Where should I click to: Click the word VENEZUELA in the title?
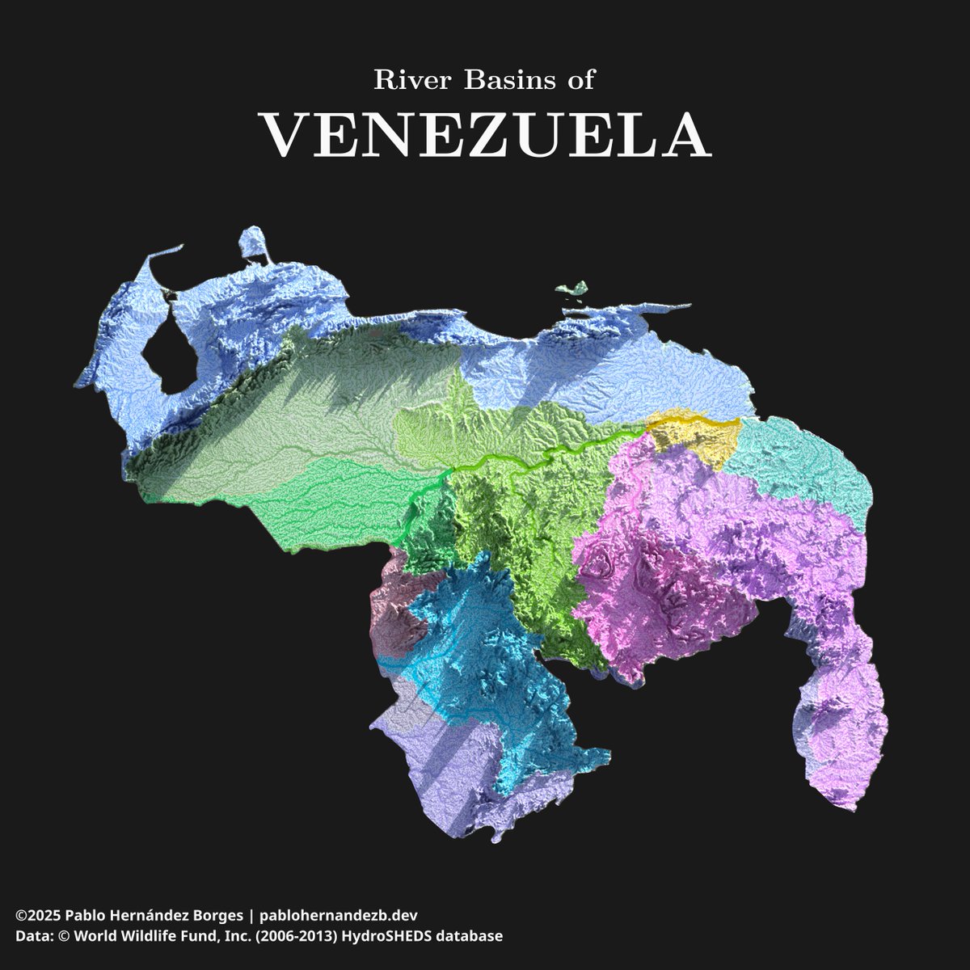coord(485,135)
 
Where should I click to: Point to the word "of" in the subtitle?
coord(583,80)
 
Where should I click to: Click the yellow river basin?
coord(695,436)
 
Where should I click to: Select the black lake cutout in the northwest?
coord(166,348)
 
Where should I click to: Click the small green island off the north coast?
coord(573,289)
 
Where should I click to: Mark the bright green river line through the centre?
coord(517,461)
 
